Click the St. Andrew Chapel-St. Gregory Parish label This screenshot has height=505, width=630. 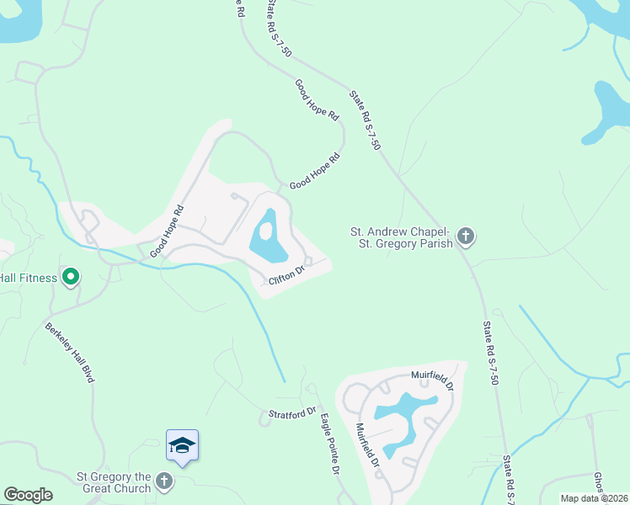(x=402, y=237)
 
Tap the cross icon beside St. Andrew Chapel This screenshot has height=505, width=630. (x=467, y=237)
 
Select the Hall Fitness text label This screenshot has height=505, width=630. (x=29, y=278)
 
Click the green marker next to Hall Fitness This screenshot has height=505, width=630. (x=72, y=277)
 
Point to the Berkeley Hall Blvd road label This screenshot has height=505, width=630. (x=70, y=353)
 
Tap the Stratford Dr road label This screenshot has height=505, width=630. (x=291, y=413)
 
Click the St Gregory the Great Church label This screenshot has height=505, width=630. (x=114, y=482)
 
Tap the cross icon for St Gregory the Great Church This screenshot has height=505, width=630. (x=164, y=482)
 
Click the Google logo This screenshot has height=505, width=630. (x=28, y=495)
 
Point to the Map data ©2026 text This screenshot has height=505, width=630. (x=594, y=498)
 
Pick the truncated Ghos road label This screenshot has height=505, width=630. (x=598, y=485)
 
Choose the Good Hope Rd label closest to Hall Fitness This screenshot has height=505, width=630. (x=167, y=233)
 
